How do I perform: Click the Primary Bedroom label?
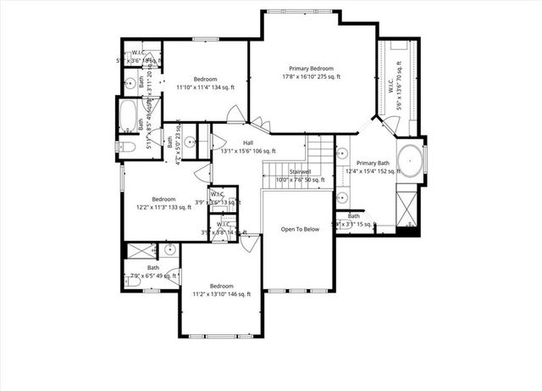click(310, 69)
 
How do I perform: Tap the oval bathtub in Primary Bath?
click(409, 160)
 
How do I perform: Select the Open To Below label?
click(300, 230)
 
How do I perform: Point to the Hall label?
click(248, 142)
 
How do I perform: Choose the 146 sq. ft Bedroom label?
click(222, 286)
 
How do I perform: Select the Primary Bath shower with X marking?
click(407, 203)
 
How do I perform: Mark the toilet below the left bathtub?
click(127, 147)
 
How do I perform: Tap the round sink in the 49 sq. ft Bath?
click(170, 250)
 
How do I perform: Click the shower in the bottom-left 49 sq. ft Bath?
click(140, 251)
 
